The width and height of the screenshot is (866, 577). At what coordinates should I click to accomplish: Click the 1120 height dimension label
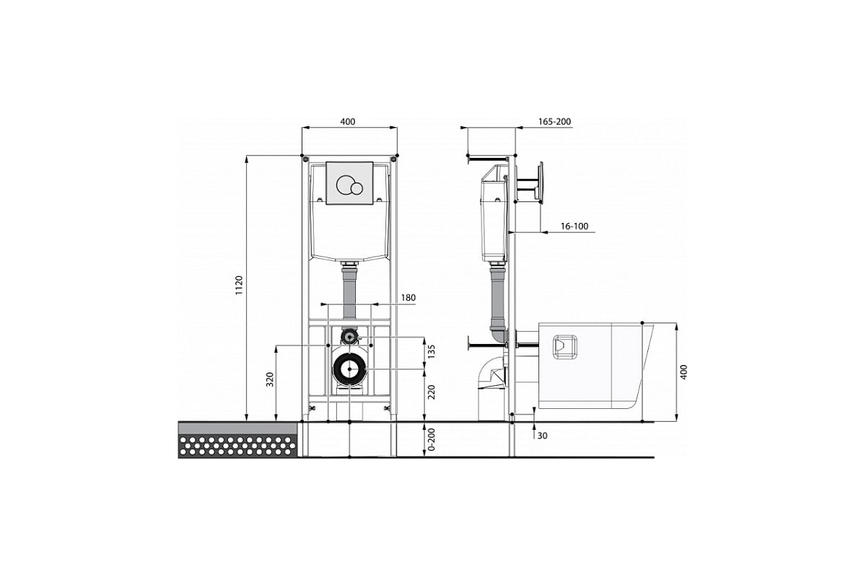click(240, 285)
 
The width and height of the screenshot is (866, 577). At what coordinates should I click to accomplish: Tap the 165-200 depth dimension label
click(554, 121)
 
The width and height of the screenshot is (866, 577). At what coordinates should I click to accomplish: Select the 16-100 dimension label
click(574, 226)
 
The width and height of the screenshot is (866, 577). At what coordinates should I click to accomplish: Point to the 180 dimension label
click(408, 298)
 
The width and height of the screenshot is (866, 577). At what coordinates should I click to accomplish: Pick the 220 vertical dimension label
click(432, 392)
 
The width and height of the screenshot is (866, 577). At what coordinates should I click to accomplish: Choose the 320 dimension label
click(270, 379)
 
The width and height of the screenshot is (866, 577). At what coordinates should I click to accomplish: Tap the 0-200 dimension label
click(432, 439)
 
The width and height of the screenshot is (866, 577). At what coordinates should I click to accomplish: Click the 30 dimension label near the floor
click(543, 436)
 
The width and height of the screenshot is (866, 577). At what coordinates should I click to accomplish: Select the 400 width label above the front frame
click(348, 122)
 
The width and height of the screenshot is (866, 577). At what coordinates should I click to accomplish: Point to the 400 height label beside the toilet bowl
click(683, 371)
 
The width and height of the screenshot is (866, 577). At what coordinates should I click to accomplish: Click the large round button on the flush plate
click(344, 185)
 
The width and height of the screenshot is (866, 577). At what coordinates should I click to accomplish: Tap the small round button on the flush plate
click(357, 188)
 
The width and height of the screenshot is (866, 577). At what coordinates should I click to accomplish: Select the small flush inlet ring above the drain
click(349, 337)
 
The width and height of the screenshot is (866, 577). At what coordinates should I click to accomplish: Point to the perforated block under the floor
click(237, 446)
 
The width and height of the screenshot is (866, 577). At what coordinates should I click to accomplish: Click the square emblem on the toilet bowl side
click(565, 347)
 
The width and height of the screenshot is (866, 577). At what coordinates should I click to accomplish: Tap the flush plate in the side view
click(541, 182)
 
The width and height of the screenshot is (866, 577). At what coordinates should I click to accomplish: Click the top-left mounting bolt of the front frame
click(306, 159)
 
